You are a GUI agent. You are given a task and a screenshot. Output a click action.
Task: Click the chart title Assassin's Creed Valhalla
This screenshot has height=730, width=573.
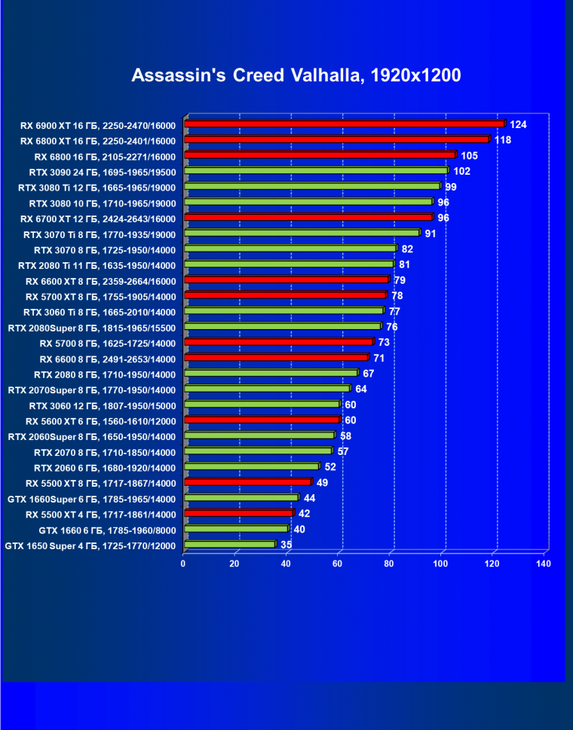[x=296, y=75]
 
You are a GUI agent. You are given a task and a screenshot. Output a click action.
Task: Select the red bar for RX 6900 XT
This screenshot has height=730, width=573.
[x=344, y=124]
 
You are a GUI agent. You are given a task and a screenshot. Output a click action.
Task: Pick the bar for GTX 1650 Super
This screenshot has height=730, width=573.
[x=229, y=544]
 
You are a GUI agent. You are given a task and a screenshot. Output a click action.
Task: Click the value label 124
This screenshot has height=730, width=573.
[x=518, y=124]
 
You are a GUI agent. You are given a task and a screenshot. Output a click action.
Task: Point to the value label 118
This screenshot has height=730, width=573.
[x=503, y=139]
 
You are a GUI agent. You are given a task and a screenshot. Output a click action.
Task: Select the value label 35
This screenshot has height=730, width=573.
[x=286, y=544]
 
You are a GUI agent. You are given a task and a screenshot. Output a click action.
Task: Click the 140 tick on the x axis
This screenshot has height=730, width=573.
[x=543, y=564]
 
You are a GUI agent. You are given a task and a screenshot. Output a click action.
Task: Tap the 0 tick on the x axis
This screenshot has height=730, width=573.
[x=183, y=564]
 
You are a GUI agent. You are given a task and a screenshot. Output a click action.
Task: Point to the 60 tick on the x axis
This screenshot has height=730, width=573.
[x=338, y=564]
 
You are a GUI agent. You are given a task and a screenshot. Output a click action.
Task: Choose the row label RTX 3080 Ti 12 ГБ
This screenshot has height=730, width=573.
[x=97, y=188]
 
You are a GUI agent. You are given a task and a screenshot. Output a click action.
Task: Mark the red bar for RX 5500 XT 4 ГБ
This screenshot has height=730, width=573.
[x=237, y=513]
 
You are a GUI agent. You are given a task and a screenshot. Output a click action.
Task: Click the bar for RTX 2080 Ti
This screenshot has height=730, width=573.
[x=288, y=264]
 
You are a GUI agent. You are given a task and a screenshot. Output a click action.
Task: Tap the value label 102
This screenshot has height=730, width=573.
[x=462, y=171]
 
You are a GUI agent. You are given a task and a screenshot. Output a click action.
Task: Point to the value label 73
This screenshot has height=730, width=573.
[x=384, y=343]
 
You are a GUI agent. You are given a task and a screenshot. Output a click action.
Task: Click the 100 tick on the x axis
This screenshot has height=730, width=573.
[x=441, y=564]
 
